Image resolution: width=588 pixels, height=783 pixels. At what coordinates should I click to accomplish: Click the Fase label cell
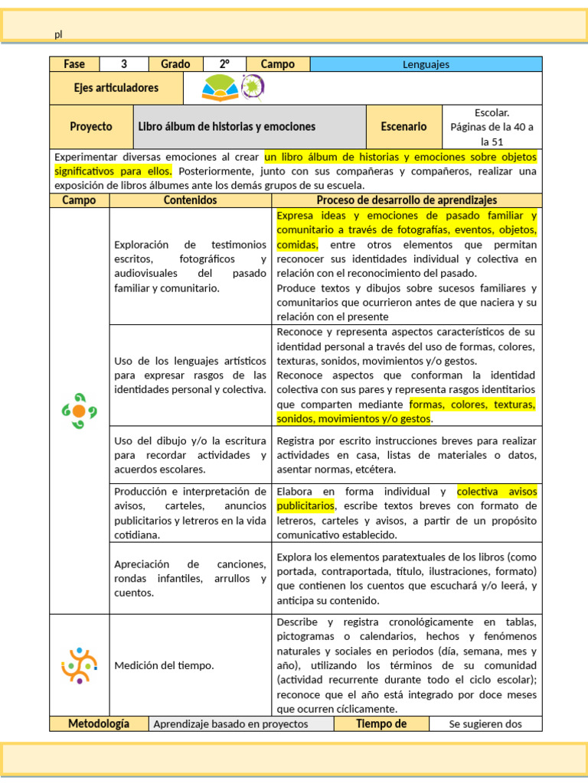(75, 64)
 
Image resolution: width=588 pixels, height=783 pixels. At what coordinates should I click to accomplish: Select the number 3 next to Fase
(123, 64)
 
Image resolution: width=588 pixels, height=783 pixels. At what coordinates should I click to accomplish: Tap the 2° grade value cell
(224, 64)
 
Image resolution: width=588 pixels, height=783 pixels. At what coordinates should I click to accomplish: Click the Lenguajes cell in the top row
(426, 64)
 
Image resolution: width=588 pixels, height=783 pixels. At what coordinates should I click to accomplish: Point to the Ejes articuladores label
(116, 88)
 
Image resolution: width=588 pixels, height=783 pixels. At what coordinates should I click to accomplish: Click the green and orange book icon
(220, 89)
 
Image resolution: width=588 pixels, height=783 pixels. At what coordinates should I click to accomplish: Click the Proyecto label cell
(91, 126)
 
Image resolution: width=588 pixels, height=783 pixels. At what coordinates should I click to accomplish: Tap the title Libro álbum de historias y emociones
(227, 126)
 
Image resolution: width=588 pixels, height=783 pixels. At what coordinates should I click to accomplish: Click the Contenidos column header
(191, 200)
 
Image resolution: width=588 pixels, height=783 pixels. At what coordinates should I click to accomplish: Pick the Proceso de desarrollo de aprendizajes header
(407, 200)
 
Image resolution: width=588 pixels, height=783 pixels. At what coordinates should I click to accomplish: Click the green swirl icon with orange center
(79, 411)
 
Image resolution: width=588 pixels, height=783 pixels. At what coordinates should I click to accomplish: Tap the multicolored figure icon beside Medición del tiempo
(79, 665)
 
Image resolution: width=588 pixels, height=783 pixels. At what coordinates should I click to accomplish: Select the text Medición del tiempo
(164, 665)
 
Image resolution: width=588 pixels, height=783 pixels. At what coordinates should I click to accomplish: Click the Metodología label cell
(99, 724)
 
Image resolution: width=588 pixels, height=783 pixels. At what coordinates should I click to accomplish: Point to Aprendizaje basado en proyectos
(230, 724)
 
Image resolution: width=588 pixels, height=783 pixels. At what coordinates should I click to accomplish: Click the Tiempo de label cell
(381, 724)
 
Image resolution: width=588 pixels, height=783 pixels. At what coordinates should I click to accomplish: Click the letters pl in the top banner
(58, 34)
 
